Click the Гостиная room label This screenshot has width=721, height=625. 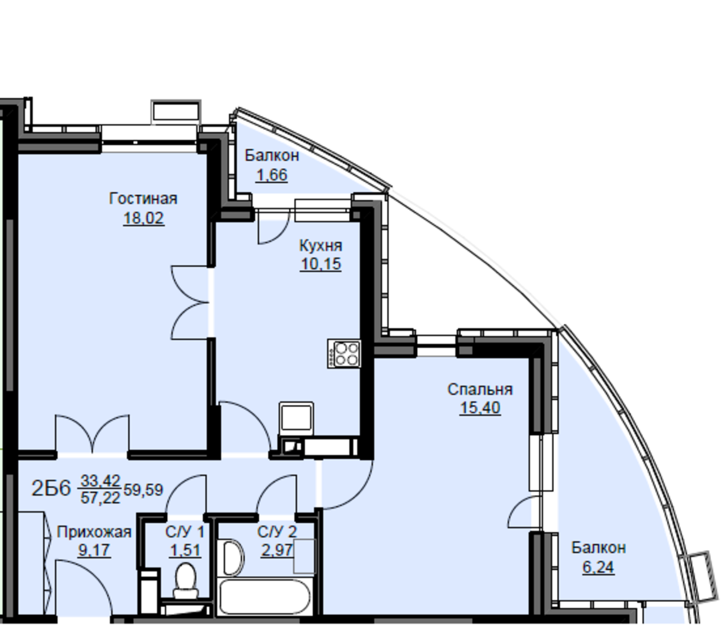[x=143, y=199]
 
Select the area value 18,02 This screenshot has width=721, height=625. [x=143, y=218]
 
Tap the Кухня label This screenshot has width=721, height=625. [x=321, y=246]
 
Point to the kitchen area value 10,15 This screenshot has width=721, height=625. [x=321, y=264]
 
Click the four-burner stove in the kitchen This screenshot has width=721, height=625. [x=344, y=353]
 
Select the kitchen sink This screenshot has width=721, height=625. [x=296, y=418]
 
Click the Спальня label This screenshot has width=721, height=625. [x=480, y=389]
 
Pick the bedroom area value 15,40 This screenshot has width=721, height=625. [x=480, y=407]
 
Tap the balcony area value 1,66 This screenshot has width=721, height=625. [x=272, y=175]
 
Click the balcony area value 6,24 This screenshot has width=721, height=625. [x=598, y=567]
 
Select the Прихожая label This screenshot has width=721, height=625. [x=94, y=532]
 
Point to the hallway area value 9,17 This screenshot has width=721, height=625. [x=94, y=550]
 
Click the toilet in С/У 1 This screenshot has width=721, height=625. [x=186, y=581]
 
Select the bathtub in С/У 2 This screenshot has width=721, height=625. [x=265, y=596]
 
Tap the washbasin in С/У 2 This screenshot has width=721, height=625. [x=233, y=557]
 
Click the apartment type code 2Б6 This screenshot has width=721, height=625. [x=51, y=488]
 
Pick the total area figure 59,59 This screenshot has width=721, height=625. [x=143, y=490]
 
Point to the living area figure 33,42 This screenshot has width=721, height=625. [x=100, y=481]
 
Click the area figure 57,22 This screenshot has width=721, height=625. [x=100, y=497]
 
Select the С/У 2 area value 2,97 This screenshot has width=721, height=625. [x=277, y=550]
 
